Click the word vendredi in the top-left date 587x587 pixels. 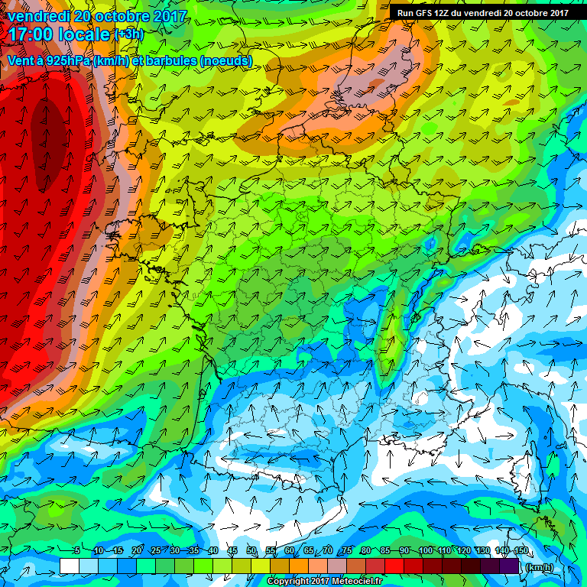pos(38,15)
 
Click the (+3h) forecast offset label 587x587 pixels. pos(129,34)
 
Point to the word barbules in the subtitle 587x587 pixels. pos(167,60)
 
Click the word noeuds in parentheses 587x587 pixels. pos(225,60)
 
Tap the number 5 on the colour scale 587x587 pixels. pos(77,551)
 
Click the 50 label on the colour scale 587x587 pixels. pos(251,551)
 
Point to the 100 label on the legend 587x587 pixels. pos(425,551)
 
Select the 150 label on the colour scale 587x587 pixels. pos(521,551)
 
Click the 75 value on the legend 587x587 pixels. pos(347,551)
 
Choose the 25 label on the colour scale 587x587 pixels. pos(155,551)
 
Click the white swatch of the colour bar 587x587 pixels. pos(70,566)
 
